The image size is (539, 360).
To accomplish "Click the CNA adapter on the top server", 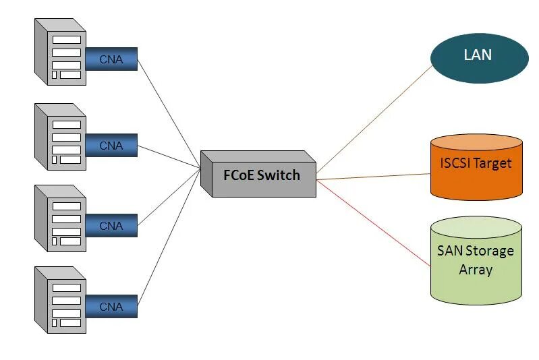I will [x=111, y=59].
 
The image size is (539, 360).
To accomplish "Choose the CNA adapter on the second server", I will [x=111, y=145].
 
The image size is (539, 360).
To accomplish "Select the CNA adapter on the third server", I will [x=111, y=226].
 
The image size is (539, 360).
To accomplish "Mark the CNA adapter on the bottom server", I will [x=111, y=307].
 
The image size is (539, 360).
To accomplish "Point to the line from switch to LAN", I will [x=374, y=119].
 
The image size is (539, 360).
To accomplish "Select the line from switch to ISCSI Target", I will [x=374, y=177].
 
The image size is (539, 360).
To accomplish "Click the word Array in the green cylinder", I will [x=476, y=270].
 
